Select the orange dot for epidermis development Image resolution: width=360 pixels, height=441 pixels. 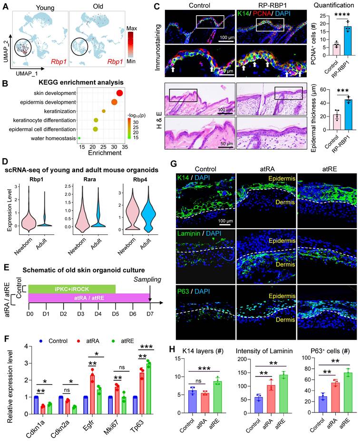114,102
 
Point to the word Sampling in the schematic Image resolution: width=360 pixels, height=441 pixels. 147,281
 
